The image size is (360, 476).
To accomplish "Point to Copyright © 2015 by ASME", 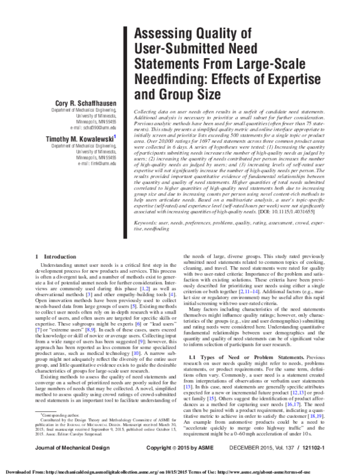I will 180,449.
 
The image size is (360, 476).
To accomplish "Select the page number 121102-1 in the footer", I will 332,449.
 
